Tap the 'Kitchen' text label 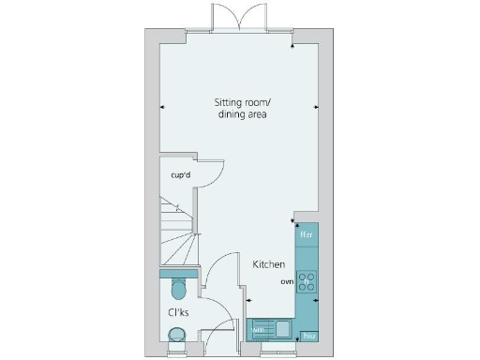tap(268, 264)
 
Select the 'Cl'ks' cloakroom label tap(178, 312)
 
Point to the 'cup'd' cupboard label tap(180, 175)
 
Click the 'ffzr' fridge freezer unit tap(306, 235)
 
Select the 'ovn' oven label tap(288, 280)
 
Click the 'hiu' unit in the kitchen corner tap(307, 336)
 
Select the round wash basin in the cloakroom tap(175, 335)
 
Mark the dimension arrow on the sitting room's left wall tap(163, 106)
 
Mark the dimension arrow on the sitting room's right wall tap(316, 106)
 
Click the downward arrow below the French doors tap(294, 45)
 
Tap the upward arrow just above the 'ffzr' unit tap(297, 222)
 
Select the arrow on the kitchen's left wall tap(248, 300)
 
